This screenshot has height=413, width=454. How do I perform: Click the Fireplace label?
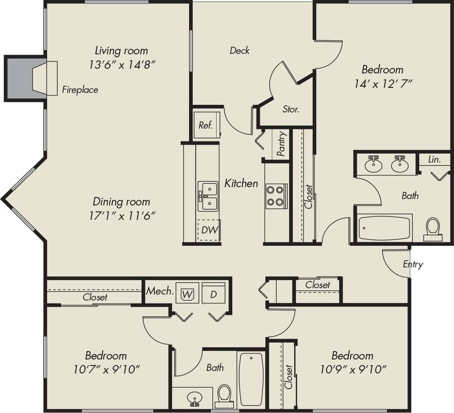[x=80, y=90]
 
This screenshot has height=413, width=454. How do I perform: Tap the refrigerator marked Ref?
[x=206, y=125]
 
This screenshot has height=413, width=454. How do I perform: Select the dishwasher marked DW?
[x=209, y=230]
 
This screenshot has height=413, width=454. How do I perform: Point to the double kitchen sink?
[x=209, y=196]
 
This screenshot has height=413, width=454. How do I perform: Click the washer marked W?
[x=187, y=293]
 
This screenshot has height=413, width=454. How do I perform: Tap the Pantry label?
[x=281, y=144]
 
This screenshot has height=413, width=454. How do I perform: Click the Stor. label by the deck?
[x=291, y=109]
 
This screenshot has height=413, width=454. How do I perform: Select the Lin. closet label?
[x=435, y=159]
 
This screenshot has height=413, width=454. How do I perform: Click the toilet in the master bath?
[x=433, y=229]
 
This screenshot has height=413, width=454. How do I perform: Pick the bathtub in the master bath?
[x=384, y=228]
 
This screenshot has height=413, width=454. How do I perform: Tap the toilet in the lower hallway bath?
[x=224, y=393]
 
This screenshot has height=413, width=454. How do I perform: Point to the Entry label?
[x=412, y=264]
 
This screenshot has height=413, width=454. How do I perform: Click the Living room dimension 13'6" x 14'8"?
[x=121, y=65]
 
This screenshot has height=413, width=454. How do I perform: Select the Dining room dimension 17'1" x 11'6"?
[x=121, y=216]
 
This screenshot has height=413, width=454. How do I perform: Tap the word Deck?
[x=240, y=51]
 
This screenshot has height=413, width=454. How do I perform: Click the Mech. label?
[x=160, y=291]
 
